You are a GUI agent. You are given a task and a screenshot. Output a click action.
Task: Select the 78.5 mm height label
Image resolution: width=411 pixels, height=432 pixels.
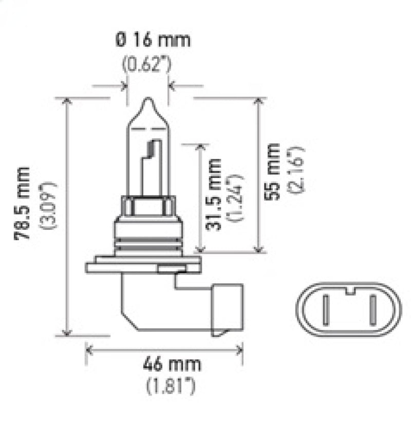point(23,203)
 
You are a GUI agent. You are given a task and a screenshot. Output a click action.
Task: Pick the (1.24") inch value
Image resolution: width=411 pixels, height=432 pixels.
point(237,198)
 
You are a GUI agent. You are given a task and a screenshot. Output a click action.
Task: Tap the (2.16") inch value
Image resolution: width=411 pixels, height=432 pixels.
point(298,170)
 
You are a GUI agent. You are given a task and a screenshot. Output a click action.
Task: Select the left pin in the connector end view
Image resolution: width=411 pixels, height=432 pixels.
point(326,308)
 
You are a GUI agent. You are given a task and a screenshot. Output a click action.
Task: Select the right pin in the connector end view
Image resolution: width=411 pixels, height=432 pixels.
point(372,308)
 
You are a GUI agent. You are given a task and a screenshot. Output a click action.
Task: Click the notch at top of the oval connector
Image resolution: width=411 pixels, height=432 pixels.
point(349,292)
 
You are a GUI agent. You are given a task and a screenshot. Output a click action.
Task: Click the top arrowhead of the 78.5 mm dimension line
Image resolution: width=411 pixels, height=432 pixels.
point(66,101)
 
